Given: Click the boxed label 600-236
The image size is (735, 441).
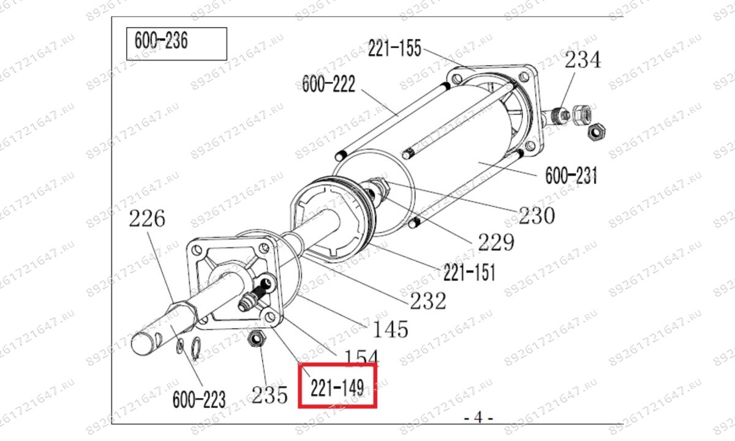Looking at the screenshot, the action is (161, 40).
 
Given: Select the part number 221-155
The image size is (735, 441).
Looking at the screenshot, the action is (394, 48).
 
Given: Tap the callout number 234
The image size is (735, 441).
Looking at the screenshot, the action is (582, 60).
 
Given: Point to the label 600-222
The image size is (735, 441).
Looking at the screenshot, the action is (328, 84).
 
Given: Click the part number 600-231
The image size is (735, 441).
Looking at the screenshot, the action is (571, 176).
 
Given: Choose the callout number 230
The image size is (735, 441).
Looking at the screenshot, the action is (537, 216).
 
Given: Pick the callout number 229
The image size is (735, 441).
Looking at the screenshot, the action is (496, 243).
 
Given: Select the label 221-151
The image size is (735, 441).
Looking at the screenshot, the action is (469, 273).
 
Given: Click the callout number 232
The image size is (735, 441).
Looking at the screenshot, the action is (428, 301).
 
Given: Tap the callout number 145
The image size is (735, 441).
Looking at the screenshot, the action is (391, 330).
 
